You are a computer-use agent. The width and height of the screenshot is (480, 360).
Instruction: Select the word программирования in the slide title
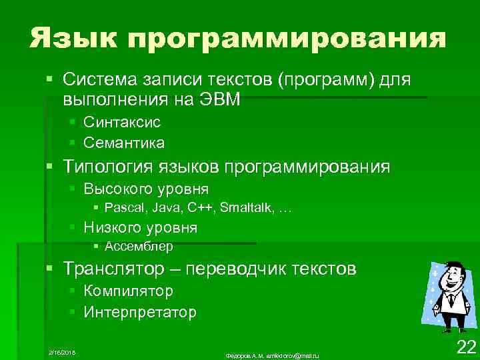click(286, 39)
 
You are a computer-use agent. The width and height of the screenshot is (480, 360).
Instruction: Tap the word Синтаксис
click(122, 122)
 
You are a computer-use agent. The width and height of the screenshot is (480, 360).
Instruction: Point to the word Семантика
click(124, 143)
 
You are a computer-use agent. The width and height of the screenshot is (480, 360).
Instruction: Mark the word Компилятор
click(128, 291)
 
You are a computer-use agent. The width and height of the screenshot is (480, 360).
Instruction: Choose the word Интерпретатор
click(139, 312)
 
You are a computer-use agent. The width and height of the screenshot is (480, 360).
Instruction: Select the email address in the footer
click(293, 357)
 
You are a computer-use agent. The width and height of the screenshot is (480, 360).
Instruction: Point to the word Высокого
click(114, 189)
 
